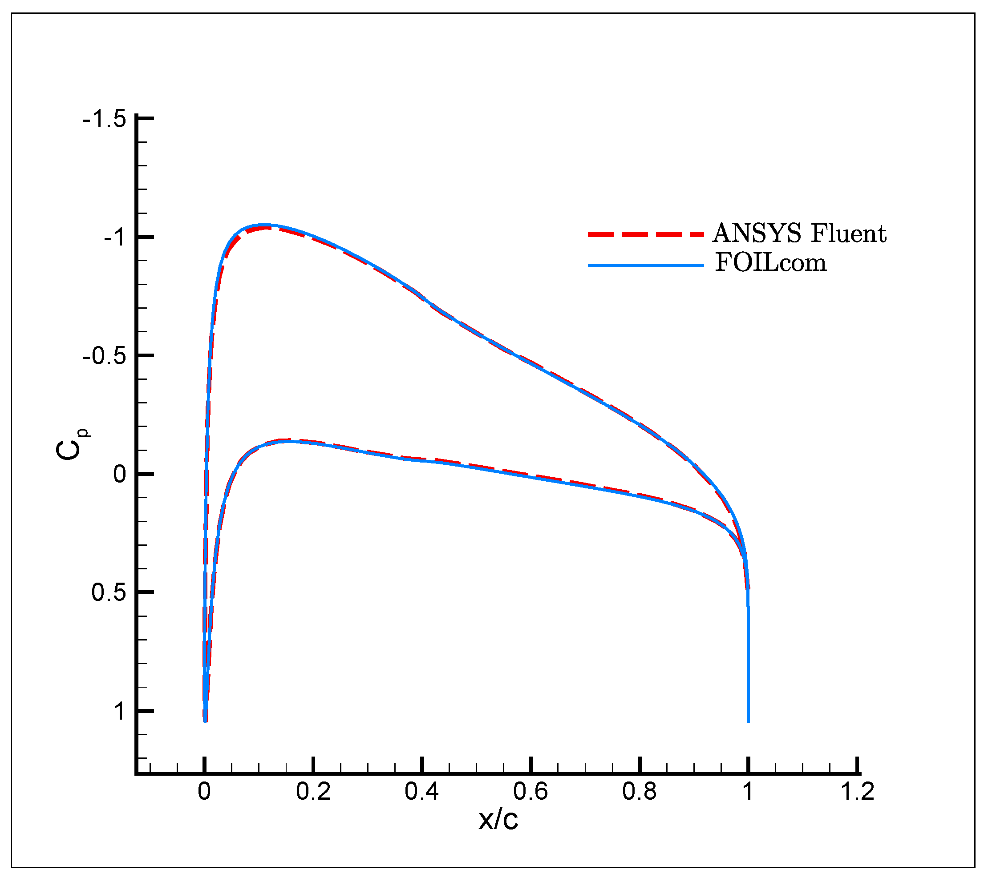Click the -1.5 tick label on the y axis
tap(105, 119)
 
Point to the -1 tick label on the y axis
tap(115, 238)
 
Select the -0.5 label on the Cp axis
tap(105, 357)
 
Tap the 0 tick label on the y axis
tap(120, 475)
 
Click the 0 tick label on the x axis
tap(205, 792)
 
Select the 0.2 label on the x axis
tap(314, 792)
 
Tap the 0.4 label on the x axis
tap(422, 792)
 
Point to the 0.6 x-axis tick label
tap(531, 792)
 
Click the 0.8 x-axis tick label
tap(640, 792)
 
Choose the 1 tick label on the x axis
tap(749, 792)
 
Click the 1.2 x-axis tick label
tap(858, 792)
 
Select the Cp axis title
tap(72, 444)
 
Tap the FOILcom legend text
tap(771, 263)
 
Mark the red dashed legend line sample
tap(646, 235)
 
